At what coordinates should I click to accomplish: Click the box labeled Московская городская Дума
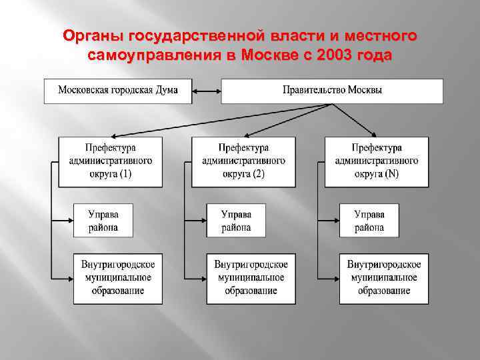coord(118,91)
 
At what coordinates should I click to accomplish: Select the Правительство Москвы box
coord(332,91)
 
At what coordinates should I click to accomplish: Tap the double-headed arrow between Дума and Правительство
coord(207,91)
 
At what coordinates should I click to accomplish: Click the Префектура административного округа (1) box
coord(110,161)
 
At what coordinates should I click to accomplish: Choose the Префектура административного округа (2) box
coord(243,161)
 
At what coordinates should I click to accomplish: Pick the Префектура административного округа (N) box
coord(377,161)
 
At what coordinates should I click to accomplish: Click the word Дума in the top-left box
coord(164,91)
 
